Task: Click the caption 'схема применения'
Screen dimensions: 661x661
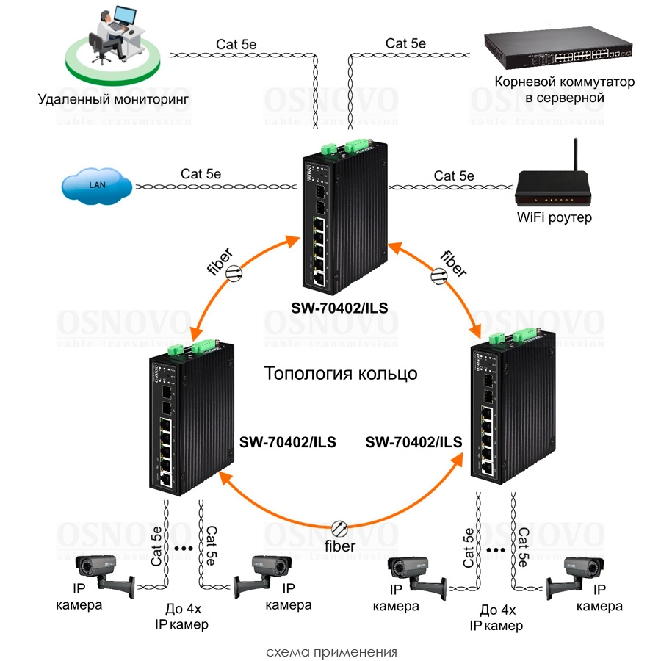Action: [x=331, y=651]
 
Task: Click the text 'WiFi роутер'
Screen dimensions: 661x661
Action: [x=555, y=218]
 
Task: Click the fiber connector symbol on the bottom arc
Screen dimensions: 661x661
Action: [x=339, y=528]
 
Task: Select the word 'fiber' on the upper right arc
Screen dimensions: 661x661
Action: [x=452, y=263]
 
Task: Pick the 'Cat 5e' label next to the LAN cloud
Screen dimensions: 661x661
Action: [x=201, y=174]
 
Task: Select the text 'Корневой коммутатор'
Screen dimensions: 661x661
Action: [x=565, y=82]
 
